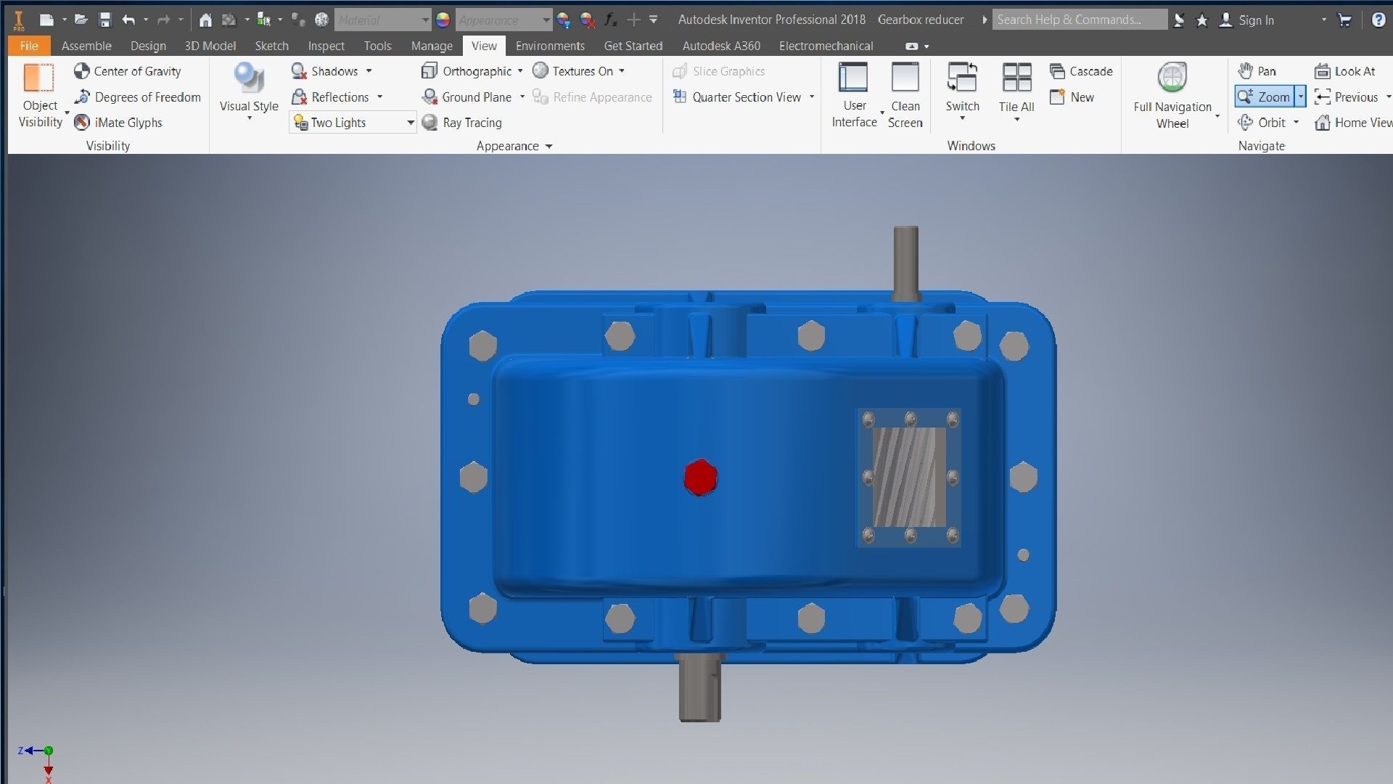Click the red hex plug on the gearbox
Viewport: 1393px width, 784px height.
pyautogui.click(x=700, y=478)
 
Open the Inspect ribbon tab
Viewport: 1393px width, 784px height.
pyautogui.click(x=326, y=46)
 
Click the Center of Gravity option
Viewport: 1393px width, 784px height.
pyautogui.click(x=128, y=71)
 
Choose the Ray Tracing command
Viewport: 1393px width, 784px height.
pyautogui.click(x=463, y=123)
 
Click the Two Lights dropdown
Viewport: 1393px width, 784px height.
pyautogui.click(x=353, y=123)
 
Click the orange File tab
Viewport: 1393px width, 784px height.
pyautogui.click(x=29, y=46)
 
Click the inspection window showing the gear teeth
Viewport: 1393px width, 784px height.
pyautogui.click(x=908, y=477)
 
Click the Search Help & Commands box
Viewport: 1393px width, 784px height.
pyautogui.click(x=1079, y=20)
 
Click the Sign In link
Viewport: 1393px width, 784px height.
pyautogui.click(x=1255, y=20)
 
